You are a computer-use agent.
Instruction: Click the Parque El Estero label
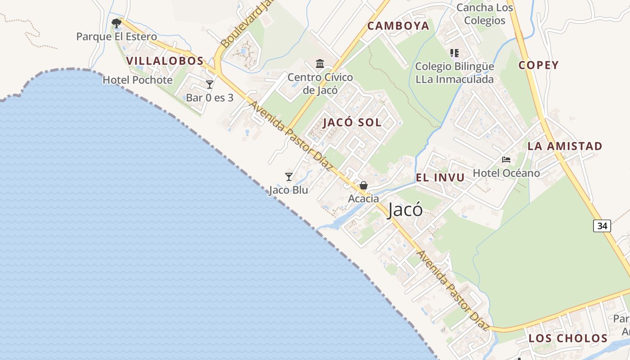[117, 36]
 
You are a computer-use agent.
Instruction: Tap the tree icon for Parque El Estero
[117, 23]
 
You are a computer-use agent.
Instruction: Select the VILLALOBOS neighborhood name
[165, 61]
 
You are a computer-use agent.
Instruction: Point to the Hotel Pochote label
[137, 80]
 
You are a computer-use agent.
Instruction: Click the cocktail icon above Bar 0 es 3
[209, 84]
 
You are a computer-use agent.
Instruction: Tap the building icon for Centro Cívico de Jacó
[320, 63]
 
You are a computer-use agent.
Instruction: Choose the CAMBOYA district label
[398, 26]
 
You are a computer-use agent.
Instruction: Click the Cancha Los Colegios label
[485, 14]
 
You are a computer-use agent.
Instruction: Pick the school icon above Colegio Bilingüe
[454, 53]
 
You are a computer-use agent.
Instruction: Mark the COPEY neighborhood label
[538, 65]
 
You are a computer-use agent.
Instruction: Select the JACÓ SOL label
[352, 122]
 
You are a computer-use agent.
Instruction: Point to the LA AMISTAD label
[565, 146]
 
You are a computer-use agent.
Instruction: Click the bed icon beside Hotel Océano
[506, 160]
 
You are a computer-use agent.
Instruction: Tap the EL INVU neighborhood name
[440, 177]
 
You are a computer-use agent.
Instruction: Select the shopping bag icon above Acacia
[363, 185]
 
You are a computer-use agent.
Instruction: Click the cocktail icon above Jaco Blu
[289, 177]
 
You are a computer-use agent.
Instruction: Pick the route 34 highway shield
[602, 225]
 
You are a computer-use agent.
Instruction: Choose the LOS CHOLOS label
[568, 338]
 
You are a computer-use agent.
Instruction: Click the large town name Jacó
[405, 210]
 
